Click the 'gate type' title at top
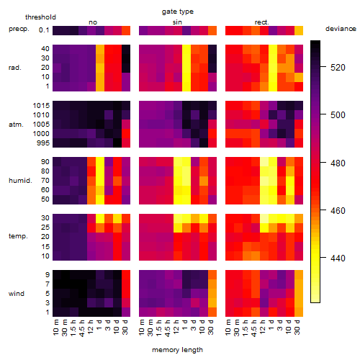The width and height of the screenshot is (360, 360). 178,12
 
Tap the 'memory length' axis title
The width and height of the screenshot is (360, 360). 177,350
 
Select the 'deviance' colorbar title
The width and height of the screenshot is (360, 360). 341,29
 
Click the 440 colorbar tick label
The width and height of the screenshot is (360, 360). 338,258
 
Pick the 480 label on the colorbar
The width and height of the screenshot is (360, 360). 338,163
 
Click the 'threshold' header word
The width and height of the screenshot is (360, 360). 40,17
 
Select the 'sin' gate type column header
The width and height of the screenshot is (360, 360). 177,22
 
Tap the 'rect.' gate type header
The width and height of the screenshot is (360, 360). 262,22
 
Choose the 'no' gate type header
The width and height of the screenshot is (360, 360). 93,22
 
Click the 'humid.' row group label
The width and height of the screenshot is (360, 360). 20,181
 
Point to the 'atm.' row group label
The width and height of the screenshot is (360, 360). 16,125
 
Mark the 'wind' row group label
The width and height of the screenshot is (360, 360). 17,294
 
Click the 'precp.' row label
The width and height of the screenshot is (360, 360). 19,29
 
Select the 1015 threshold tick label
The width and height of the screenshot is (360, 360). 41,106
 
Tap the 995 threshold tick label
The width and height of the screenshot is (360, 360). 43,143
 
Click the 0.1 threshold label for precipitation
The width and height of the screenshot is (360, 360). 44,30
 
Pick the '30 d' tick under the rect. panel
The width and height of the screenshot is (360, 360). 297,327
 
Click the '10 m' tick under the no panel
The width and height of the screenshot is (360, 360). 55,328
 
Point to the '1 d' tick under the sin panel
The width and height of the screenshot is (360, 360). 185,325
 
